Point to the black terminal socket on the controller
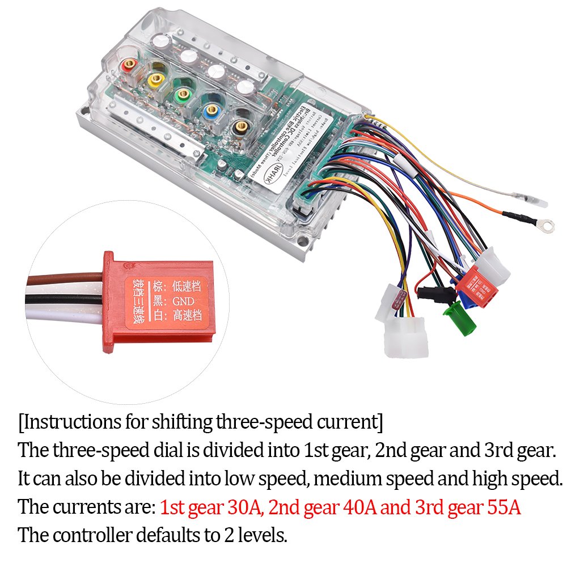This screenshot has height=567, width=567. coord(242,124)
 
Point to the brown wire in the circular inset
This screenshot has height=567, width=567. coord(62,280)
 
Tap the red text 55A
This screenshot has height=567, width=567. coord(503,507)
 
